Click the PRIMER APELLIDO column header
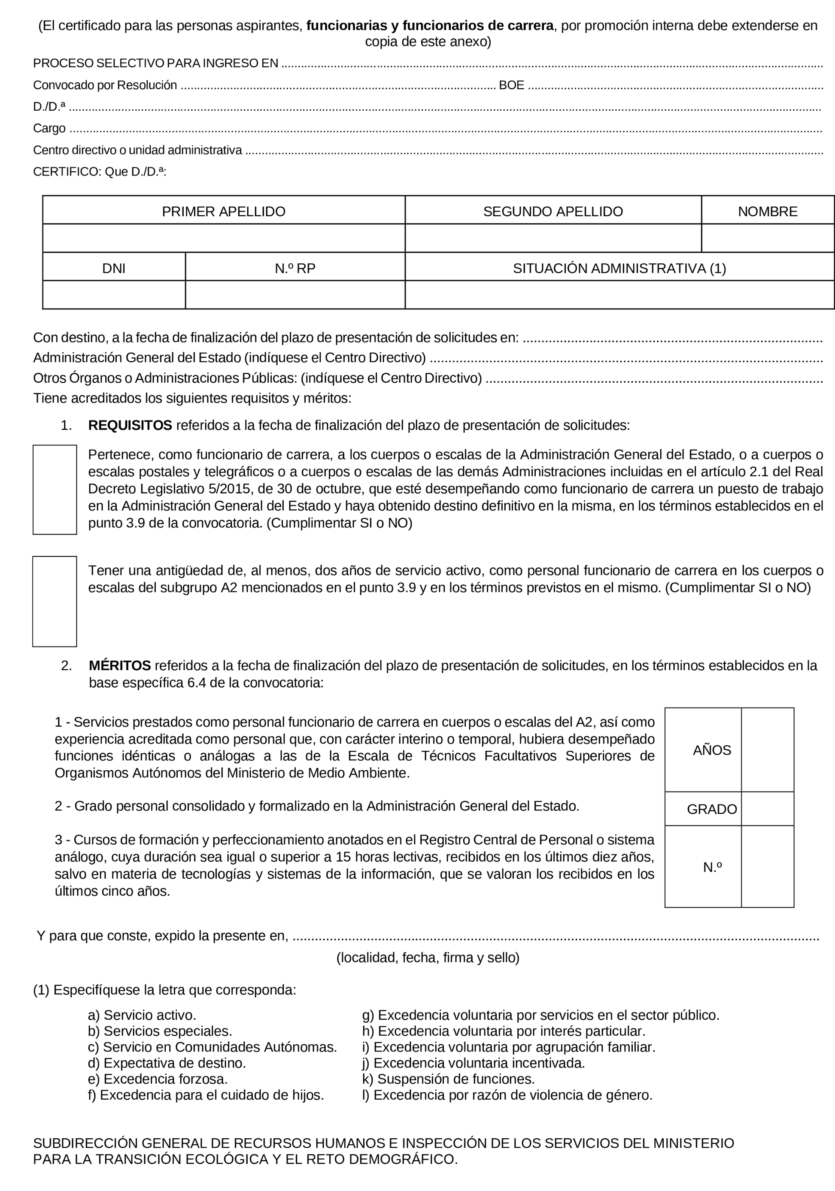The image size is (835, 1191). click(x=223, y=212)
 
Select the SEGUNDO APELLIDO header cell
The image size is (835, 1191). click(x=553, y=212)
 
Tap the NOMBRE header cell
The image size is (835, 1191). click(x=767, y=212)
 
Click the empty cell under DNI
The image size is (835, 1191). click(x=114, y=295)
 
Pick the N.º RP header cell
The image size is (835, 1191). click(x=295, y=268)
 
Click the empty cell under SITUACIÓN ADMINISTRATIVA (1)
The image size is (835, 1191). click(x=619, y=295)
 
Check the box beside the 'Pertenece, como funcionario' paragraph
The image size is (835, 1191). click(x=55, y=489)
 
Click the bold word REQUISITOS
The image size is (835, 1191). click(x=130, y=425)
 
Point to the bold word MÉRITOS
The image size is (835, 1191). click(x=120, y=665)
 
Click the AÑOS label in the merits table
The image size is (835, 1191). click(x=711, y=750)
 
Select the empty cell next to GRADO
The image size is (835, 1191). click(x=767, y=809)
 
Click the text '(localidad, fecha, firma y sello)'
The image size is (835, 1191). click(x=428, y=958)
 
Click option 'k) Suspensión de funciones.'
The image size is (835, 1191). click(x=448, y=1079)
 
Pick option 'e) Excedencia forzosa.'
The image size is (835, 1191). click(x=158, y=1079)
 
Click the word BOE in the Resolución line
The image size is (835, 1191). click(x=511, y=85)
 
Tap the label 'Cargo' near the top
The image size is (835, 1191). click(x=49, y=128)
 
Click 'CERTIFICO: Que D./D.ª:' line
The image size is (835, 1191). click(x=100, y=172)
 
